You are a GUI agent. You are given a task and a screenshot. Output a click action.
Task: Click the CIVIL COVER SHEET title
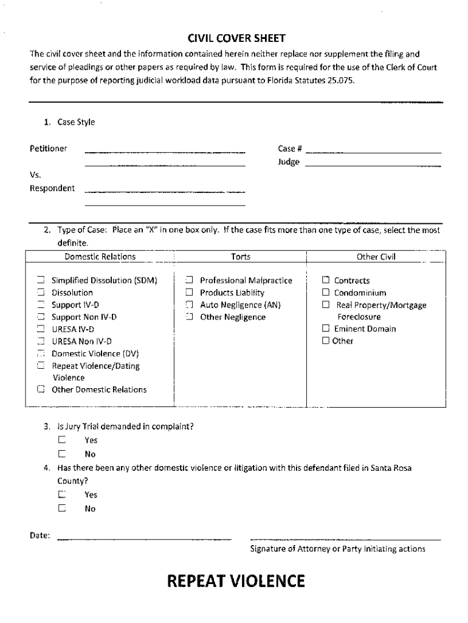click(x=236, y=38)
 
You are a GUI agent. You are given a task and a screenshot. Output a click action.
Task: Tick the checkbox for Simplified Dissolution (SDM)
click(x=41, y=280)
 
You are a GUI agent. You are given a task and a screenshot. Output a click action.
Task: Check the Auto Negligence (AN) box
click(x=189, y=305)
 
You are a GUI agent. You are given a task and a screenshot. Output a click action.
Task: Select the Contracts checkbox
click(x=326, y=280)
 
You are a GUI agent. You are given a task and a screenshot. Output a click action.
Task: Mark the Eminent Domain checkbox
click(x=326, y=329)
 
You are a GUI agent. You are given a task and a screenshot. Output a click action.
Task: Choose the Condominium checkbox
click(x=326, y=293)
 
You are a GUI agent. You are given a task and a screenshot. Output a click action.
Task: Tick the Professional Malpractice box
click(x=189, y=280)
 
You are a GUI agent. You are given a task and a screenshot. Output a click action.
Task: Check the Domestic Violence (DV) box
click(x=41, y=353)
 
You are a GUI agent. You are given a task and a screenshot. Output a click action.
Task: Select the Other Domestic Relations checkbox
click(x=41, y=389)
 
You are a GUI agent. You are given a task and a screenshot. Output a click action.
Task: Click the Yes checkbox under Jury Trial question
click(x=62, y=440)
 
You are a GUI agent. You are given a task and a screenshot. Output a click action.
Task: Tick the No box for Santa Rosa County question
click(x=62, y=509)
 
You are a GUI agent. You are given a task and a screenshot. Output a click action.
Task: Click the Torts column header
click(x=241, y=257)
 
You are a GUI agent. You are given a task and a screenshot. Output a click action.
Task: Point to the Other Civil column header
click(x=376, y=257)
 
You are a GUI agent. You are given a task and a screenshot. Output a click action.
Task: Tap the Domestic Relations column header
click(x=100, y=257)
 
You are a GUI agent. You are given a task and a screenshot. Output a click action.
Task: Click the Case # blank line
click(x=374, y=151)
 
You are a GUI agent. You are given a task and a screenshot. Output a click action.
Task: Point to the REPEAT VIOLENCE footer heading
click(x=236, y=582)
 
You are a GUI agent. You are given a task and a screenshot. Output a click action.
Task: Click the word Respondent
click(x=52, y=188)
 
